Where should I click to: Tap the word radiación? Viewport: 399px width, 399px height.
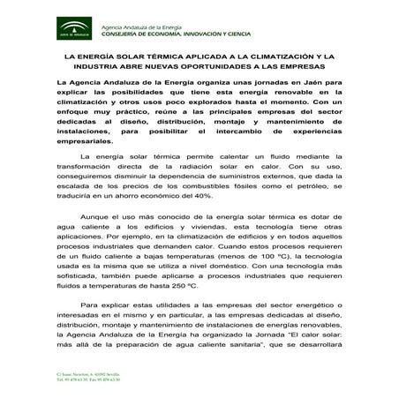coord(212,165)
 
